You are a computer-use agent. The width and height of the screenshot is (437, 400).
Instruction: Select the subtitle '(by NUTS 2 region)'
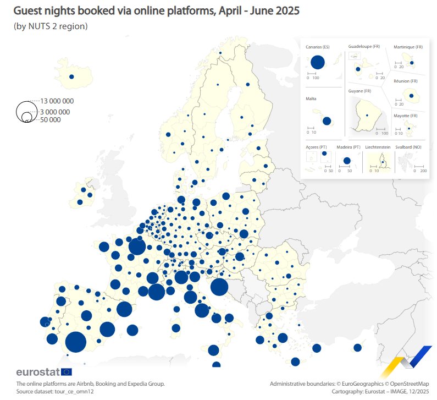click(51, 26)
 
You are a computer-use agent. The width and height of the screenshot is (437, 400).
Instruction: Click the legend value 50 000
click(51, 119)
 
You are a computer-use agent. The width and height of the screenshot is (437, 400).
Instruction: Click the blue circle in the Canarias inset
click(318, 62)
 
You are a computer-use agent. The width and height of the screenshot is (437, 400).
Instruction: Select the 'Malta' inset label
click(311, 99)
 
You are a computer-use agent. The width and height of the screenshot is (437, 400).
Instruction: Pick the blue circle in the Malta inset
click(327, 121)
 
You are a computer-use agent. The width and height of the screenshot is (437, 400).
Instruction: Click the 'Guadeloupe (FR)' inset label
click(364, 47)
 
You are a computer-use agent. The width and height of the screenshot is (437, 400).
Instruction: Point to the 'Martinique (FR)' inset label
click(408, 47)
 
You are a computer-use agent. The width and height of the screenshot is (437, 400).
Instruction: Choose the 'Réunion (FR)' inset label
click(406, 81)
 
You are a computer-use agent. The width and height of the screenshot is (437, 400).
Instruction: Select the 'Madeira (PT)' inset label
click(348, 147)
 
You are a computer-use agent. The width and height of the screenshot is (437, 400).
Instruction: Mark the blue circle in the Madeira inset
click(346, 161)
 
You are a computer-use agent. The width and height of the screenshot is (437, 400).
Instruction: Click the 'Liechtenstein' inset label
click(378, 147)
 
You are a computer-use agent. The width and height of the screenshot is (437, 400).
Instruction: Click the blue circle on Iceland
click(71, 78)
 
